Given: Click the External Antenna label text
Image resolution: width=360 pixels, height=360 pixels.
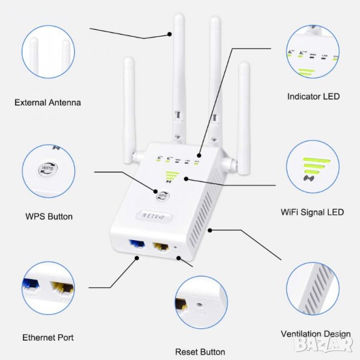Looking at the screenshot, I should coord(47,103).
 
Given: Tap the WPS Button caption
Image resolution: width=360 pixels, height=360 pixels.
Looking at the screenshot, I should coord(49,216).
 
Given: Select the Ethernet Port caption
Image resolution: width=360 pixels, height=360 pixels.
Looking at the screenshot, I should coord(48,338).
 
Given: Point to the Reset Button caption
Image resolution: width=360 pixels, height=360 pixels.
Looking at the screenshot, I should coord(200,352).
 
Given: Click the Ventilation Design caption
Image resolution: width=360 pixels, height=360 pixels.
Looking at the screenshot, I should coord(316,334).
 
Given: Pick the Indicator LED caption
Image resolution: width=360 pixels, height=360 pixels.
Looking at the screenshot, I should coord(313,96).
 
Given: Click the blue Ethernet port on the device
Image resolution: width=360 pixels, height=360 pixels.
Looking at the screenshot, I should coord(136,245).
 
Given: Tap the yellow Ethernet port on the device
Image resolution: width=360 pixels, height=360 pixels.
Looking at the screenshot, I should coord(160,247).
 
